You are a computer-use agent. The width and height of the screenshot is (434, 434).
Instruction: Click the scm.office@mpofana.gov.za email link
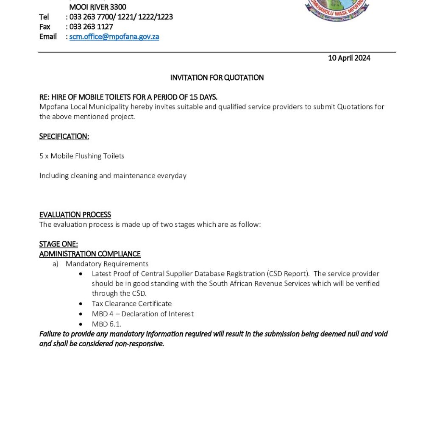[x=114, y=36]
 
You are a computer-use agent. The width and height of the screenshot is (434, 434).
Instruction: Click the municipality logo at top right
[x=337, y=9]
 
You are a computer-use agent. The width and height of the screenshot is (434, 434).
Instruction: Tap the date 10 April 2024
[x=349, y=58]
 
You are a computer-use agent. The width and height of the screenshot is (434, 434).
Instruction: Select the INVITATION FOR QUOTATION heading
[x=217, y=78]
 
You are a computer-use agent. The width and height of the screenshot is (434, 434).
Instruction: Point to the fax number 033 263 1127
[x=91, y=27]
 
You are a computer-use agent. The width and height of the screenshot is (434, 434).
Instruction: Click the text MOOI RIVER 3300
[x=97, y=7]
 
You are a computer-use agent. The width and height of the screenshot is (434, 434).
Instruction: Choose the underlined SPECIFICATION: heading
[x=64, y=136]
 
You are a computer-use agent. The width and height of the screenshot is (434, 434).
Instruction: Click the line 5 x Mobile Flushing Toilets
[x=82, y=156]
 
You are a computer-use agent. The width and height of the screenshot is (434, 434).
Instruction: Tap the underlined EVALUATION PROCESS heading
[x=75, y=215]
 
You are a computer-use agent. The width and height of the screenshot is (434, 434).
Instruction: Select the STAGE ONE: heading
[x=58, y=244]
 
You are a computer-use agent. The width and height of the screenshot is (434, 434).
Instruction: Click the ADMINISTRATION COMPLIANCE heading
[x=90, y=254]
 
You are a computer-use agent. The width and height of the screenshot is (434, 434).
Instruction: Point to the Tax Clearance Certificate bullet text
[x=132, y=303]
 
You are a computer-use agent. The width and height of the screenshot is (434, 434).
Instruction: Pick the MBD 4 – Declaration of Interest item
[x=142, y=314]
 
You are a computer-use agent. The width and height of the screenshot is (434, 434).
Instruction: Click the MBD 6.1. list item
[x=106, y=324]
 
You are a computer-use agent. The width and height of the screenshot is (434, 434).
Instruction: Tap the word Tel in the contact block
[x=44, y=17]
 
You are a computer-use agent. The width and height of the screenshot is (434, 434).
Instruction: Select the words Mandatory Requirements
[x=107, y=264]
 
